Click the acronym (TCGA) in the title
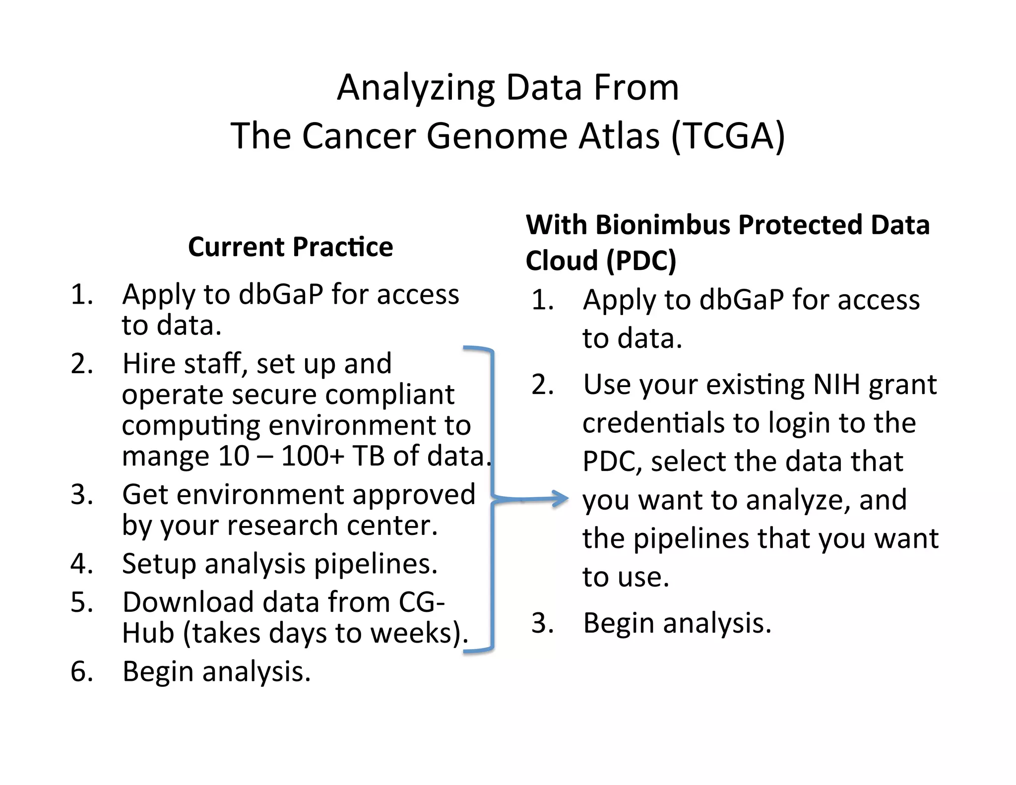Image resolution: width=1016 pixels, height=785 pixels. [728, 136]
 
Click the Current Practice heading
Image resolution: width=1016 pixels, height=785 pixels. [290, 247]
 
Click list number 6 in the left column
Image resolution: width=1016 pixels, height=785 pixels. [81, 671]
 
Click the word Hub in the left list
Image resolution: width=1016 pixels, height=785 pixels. [148, 633]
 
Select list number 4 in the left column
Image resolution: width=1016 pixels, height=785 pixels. [81, 564]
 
